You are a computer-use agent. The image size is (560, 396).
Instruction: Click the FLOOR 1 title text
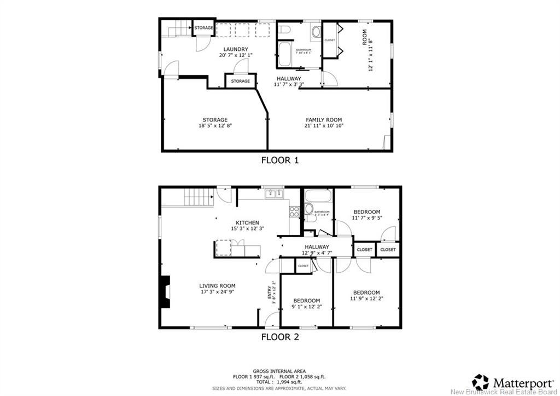click(279, 160)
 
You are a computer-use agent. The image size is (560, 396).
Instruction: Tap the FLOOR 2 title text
click(279, 337)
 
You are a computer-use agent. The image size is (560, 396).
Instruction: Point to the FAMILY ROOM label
click(323, 120)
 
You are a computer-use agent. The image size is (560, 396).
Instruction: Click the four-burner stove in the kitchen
click(294, 211)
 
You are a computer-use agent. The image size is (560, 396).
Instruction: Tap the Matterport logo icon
click(481, 382)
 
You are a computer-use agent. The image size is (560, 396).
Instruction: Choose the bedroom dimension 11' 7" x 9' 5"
click(366, 217)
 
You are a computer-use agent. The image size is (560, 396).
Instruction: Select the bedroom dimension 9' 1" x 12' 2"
click(306, 307)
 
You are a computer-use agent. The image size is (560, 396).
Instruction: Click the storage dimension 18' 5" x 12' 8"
click(214, 126)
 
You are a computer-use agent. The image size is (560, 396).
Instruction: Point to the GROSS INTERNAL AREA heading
click(279, 371)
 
